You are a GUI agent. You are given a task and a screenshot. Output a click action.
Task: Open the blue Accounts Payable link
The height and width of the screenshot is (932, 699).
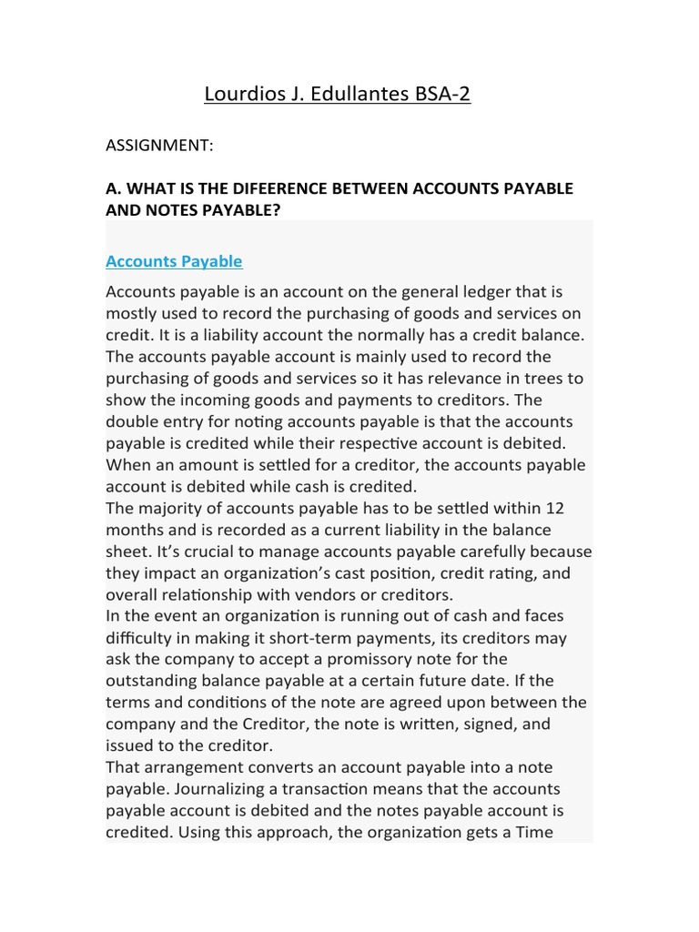[174, 261]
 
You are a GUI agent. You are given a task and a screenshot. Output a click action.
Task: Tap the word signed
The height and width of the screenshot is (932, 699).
[502, 724]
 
